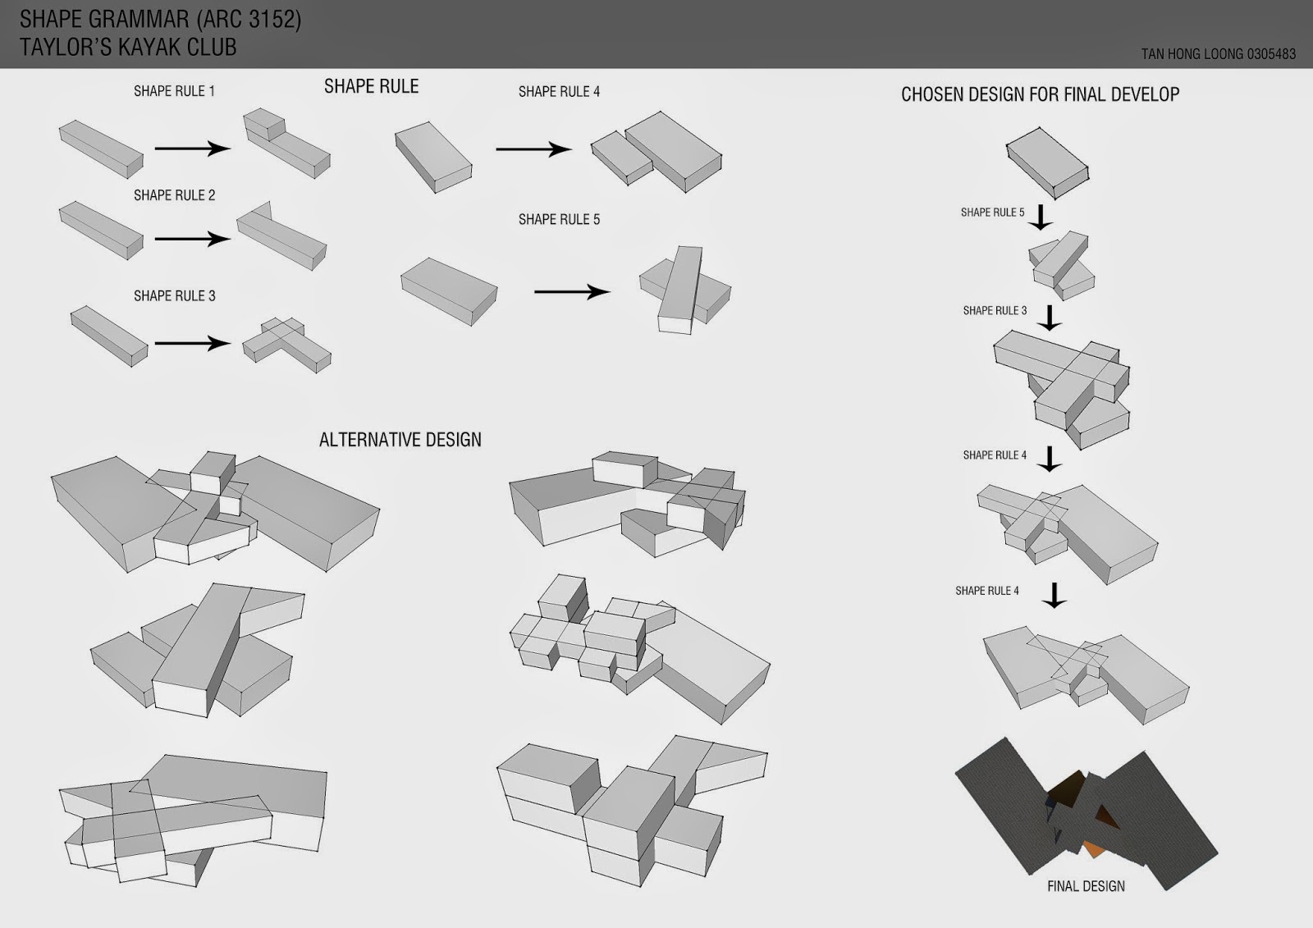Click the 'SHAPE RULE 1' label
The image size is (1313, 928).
[x=174, y=91]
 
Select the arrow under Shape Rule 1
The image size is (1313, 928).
[x=193, y=149]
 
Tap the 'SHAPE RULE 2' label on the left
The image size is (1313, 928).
[x=174, y=195]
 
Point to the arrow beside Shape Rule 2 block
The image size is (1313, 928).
[x=193, y=239]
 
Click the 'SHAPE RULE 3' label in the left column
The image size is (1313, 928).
[x=174, y=295]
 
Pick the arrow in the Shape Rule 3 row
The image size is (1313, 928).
[x=193, y=343]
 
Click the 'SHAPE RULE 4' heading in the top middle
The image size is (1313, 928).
[x=559, y=92]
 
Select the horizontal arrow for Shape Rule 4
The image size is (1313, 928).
[x=533, y=149]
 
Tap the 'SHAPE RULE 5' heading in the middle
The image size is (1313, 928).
[x=559, y=219]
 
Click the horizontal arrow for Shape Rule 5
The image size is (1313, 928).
[x=572, y=292]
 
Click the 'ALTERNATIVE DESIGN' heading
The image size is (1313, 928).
[x=400, y=440]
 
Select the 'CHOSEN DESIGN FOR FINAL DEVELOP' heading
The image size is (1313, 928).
[x=1040, y=94]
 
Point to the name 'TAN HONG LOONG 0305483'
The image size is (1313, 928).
[x=1218, y=54]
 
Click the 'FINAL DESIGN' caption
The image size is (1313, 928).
[x=1086, y=886]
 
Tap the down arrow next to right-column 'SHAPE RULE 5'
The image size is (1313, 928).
[x=1041, y=217]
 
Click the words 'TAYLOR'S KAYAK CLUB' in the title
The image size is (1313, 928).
[x=128, y=48]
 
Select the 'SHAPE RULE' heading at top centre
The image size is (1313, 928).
[x=371, y=87]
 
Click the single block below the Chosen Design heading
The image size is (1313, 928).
[x=1048, y=162]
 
